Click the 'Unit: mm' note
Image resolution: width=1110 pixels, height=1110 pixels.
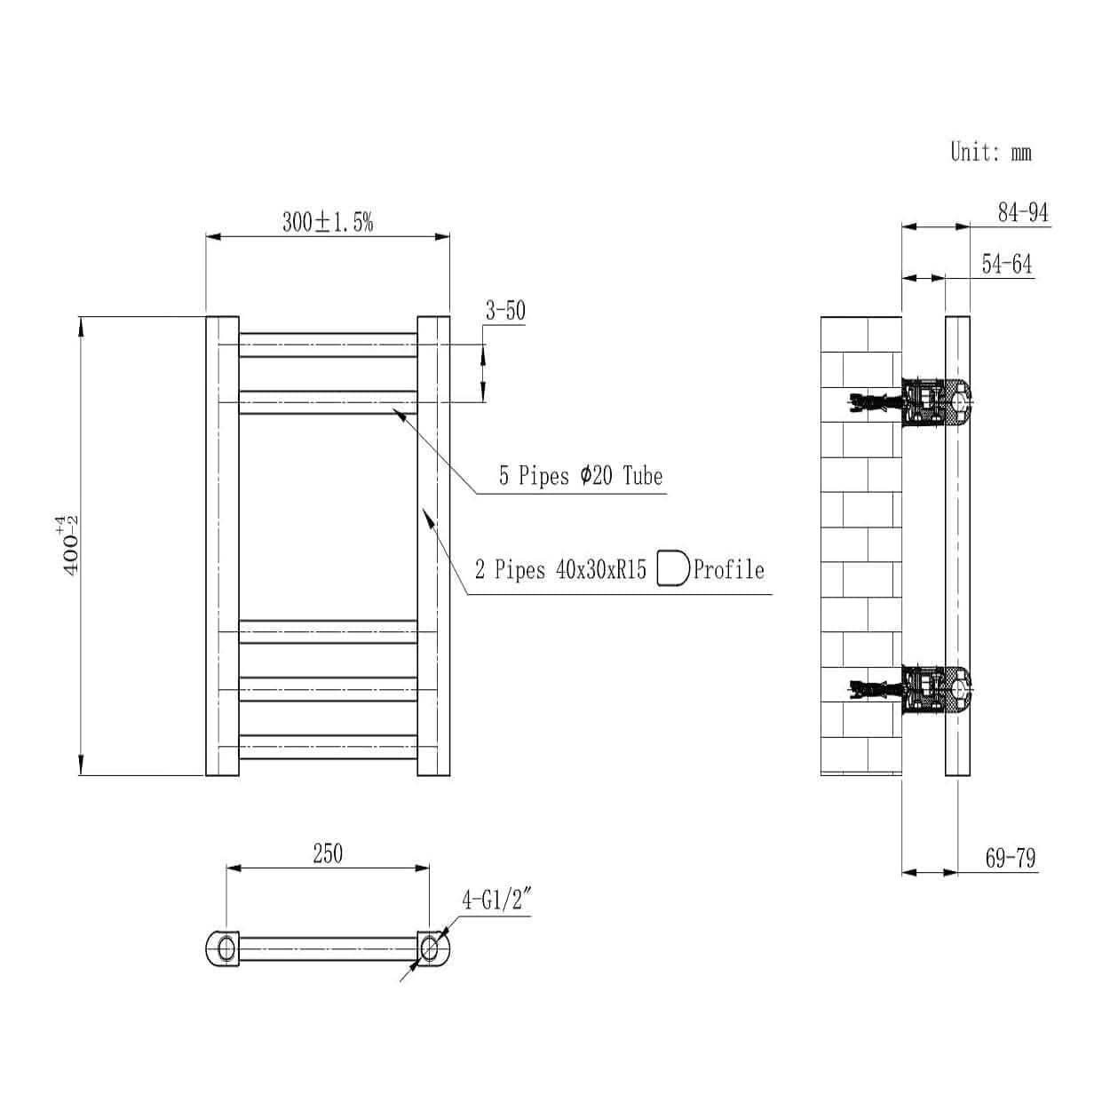point(990,152)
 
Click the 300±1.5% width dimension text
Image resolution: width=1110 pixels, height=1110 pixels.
point(328,222)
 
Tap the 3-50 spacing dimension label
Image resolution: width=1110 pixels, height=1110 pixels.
point(504,311)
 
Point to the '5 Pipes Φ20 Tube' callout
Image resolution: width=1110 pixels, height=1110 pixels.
point(580,476)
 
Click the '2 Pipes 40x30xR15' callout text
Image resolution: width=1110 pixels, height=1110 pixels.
point(560,569)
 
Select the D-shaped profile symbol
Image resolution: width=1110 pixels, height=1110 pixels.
point(672,569)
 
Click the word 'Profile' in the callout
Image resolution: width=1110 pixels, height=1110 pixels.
point(728,569)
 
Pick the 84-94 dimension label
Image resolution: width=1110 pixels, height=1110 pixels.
point(1023,212)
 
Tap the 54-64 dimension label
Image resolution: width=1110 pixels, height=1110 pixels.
point(1007,264)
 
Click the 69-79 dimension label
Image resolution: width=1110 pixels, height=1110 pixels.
point(1010,859)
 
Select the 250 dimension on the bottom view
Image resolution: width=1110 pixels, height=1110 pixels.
point(327,853)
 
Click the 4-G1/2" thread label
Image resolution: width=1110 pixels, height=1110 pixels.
point(496,900)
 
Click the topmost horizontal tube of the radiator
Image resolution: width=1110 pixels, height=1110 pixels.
point(328,345)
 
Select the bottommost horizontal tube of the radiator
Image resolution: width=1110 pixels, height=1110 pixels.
point(328,747)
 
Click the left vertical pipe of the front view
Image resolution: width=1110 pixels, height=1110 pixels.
point(222,545)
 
